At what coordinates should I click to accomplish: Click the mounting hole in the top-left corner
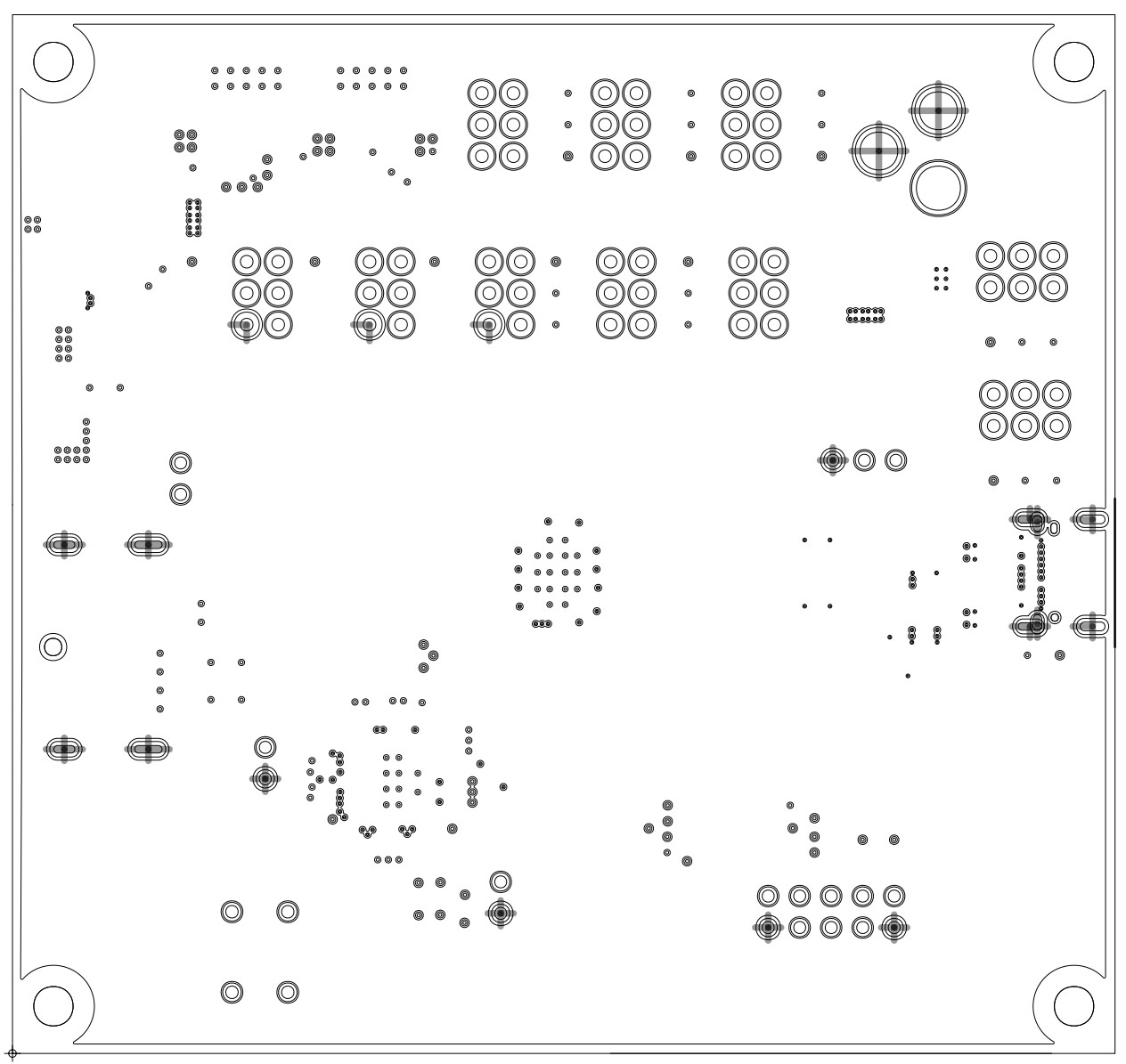coord(53,61)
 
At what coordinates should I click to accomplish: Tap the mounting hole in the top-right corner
coord(1073,61)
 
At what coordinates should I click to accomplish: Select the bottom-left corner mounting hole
coord(53,1005)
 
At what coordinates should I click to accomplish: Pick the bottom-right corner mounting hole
coord(1073,1005)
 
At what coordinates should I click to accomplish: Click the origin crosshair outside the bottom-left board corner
coord(12,1054)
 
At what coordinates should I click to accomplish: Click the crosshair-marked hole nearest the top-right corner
coord(938,110)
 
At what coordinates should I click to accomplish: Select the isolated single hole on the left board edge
coord(52,646)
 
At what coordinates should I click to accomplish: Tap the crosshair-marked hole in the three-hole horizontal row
coord(832,460)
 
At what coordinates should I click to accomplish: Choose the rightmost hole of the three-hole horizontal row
coord(895,460)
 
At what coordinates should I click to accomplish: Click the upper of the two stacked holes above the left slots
coord(180,463)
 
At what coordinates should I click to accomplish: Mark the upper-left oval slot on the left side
coord(63,545)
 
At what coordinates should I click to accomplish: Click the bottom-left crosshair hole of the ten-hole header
coord(768,927)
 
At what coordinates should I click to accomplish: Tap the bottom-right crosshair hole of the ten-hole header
coord(893,927)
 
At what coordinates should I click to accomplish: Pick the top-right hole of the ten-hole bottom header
coord(893,895)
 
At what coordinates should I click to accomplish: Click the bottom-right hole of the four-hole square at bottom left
coord(287,992)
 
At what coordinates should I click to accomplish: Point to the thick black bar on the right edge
coord(1114,572)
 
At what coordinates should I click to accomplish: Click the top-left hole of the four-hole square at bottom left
coord(232,912)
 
